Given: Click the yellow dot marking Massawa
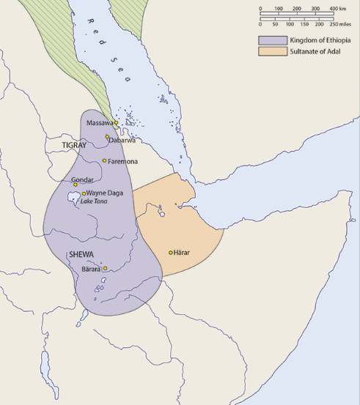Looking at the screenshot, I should pos(116,123).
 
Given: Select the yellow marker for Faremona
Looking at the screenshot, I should pos(105,160).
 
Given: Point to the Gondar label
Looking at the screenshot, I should pos(83,179).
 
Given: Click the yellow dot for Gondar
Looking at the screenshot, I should pos(75,185).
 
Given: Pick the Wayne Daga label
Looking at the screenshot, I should pos(105,193).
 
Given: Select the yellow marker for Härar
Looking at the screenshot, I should pos(171,253).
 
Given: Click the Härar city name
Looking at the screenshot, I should pos(183,253).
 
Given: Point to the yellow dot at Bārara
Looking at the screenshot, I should pos(105,269).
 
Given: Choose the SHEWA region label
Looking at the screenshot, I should pos(80,254).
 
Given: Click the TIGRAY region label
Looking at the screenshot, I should pos(74,146).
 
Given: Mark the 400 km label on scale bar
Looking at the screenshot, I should pos(338,8).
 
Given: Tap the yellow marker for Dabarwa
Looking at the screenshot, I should pos(108,137).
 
